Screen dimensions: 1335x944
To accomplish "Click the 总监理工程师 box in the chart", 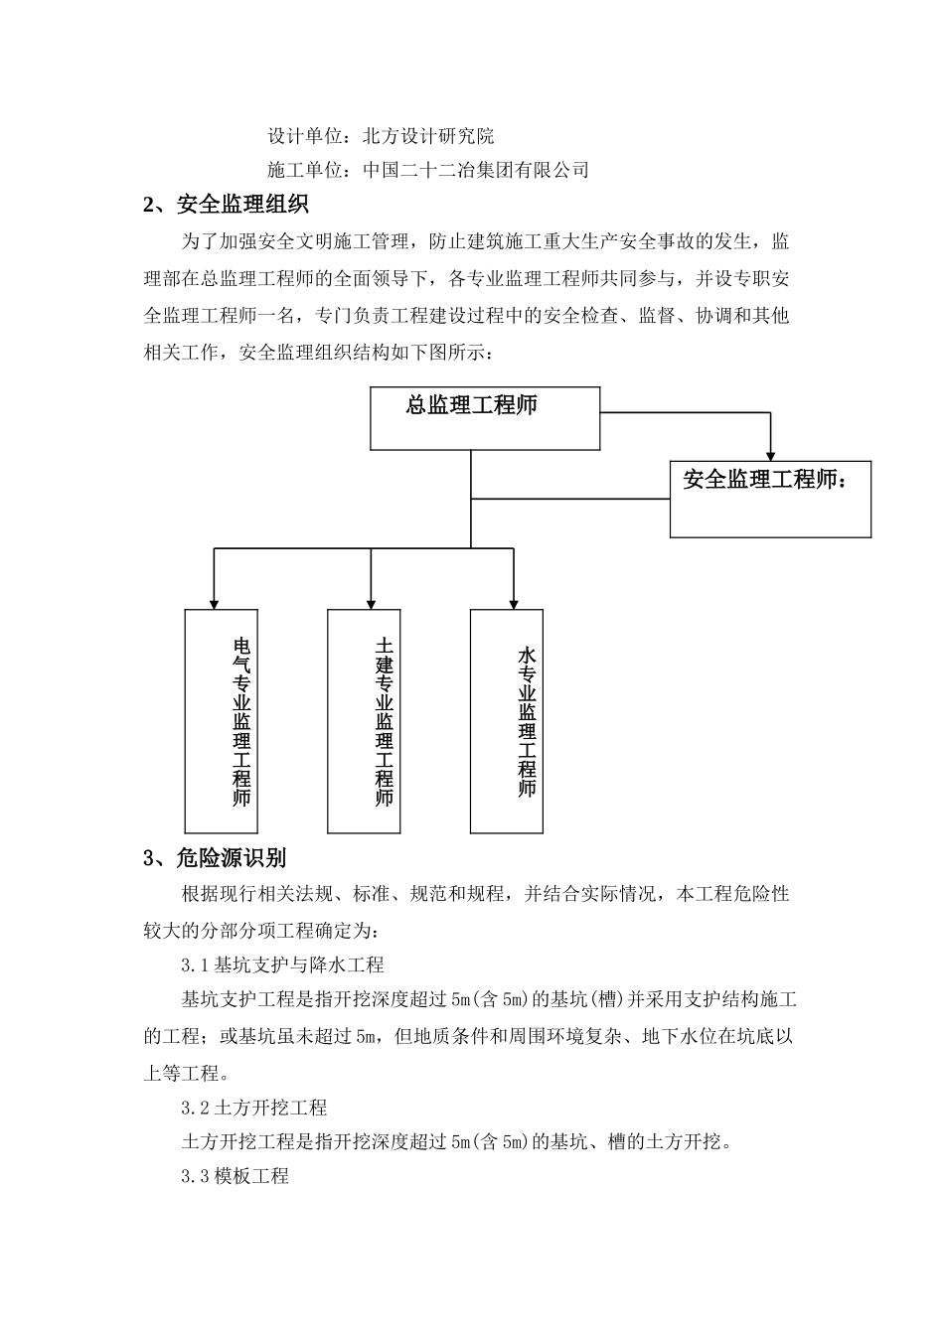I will (x=485, y=418).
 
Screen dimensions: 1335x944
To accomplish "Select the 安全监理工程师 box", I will (x=770, y=499).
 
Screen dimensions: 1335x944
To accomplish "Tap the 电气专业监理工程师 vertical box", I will (x=222, y=720).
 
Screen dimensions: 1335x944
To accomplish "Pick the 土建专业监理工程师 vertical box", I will (x=364, y=720).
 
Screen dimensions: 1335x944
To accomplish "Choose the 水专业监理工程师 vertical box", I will (x=507, y=720).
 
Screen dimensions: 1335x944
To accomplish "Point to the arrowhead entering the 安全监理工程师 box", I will (x=770, y=453).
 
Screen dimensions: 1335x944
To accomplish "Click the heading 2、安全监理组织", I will (x=227, y=206).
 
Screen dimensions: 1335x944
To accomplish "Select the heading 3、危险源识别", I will (x=216, y=858).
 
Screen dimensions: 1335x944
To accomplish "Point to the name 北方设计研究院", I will (x=428, y=136).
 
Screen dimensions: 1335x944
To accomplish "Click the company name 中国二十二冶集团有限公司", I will (x=476, y=170).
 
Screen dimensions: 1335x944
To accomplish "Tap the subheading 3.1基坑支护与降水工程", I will (x=282, y=964).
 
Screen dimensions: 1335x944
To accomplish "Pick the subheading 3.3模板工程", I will (x=235, y=1176).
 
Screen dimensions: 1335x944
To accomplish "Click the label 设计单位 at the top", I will (x=304, y=136).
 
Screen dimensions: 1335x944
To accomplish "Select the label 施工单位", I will (x=304, y=170).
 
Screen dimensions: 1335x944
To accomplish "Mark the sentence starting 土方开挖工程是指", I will (x=457, y=1141).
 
